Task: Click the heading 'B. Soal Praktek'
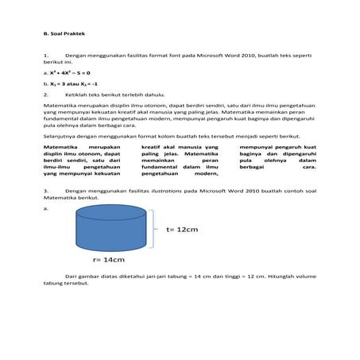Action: (64, 33)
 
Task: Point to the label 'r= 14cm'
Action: (109, 259)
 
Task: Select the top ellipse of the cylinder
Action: (110, 213)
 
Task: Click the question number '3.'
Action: (46, 192)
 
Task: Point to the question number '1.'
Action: (46, 55)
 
